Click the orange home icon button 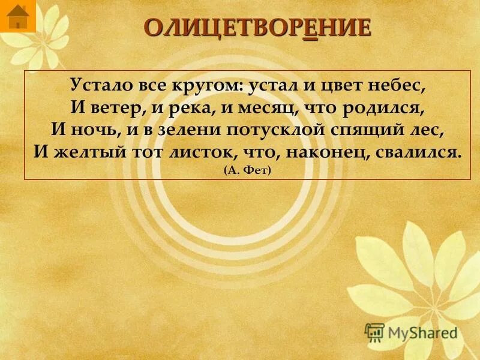pos(18,16)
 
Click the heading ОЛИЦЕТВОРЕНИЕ pos(257,29)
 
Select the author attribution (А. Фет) pos(247,170)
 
